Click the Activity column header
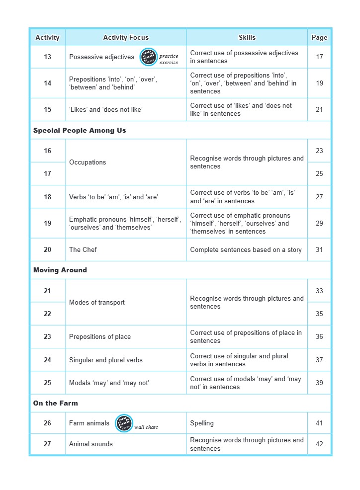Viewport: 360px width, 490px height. (x=47, y=37)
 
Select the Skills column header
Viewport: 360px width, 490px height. (x=247, y=37)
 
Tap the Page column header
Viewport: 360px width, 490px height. (x=319, y=37)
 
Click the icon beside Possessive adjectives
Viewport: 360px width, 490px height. (x=148, y=57)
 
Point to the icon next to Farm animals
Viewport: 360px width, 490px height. (x=124, y=423)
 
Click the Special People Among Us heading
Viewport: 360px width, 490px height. (x=80, y=130)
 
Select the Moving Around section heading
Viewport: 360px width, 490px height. (x=60, y=270)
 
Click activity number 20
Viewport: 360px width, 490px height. (x=47, y=249)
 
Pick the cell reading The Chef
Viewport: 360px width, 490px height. (x=83, y=249)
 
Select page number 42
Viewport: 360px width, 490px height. (x=319, y=444)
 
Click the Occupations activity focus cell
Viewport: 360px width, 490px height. (x=88, y=162)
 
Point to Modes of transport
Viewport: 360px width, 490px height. (x=97, y=302)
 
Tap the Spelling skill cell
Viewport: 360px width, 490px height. (x=202, y=423)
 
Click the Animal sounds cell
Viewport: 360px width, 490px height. (x=91, y=444)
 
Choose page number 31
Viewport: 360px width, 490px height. (x=319, y=249)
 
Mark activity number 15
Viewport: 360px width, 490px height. (x=47, y=109)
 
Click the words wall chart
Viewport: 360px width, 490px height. (x=146, y=427)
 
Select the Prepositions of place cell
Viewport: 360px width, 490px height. (x=100, y=336)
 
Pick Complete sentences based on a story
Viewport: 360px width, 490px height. (x=246, y=249)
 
